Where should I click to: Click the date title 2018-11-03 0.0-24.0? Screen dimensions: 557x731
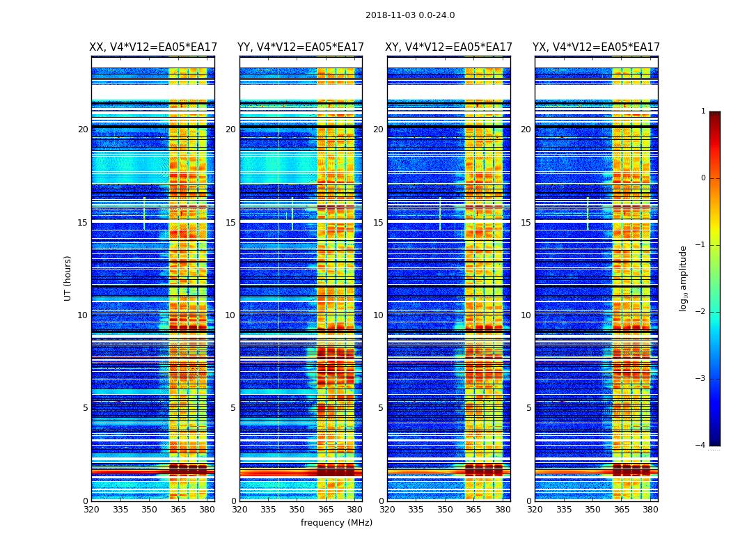coord(410,15)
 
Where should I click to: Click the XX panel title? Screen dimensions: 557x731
coord(153,47)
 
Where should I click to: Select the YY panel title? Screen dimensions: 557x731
coord(301,47)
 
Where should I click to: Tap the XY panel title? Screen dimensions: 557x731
coord(449,47)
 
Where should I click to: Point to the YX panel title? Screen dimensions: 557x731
coord(596,47)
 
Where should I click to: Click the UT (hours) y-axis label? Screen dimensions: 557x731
coord(68,278)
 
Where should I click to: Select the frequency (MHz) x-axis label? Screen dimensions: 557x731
coord(336,523)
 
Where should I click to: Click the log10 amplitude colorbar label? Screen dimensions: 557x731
coord(684,278)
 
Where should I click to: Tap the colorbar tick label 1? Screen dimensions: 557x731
coord(703,111)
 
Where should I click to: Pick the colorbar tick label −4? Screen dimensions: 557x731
coord(701,446)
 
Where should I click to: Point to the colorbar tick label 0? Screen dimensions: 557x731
coord(703,178)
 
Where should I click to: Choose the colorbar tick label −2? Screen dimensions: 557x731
coord(701,312)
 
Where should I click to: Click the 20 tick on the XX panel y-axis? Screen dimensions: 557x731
coord(83,130)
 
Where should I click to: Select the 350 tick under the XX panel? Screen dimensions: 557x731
coord(150,510)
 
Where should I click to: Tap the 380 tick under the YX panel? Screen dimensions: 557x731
coord(650,510)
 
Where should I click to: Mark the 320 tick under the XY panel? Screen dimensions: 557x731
coord(388,510)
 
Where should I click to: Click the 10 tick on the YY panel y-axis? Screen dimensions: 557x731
coord(230,315)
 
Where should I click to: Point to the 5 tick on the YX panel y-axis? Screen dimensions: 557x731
coord(529,408)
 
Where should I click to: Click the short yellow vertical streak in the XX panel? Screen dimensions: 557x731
coord(144,212)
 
